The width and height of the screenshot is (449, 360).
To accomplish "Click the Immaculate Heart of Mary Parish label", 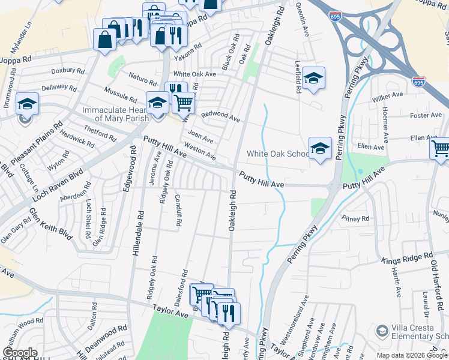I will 115,114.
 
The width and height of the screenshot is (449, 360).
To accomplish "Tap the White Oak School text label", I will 277,154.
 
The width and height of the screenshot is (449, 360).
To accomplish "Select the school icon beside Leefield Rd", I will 313,79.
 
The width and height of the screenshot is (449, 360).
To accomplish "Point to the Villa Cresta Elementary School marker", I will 382,331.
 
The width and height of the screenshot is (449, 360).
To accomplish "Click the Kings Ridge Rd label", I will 408,258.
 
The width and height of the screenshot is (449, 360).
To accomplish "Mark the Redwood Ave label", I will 220,116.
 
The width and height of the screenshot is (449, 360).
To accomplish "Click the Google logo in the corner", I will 20,353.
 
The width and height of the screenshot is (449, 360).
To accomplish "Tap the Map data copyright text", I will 412,355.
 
